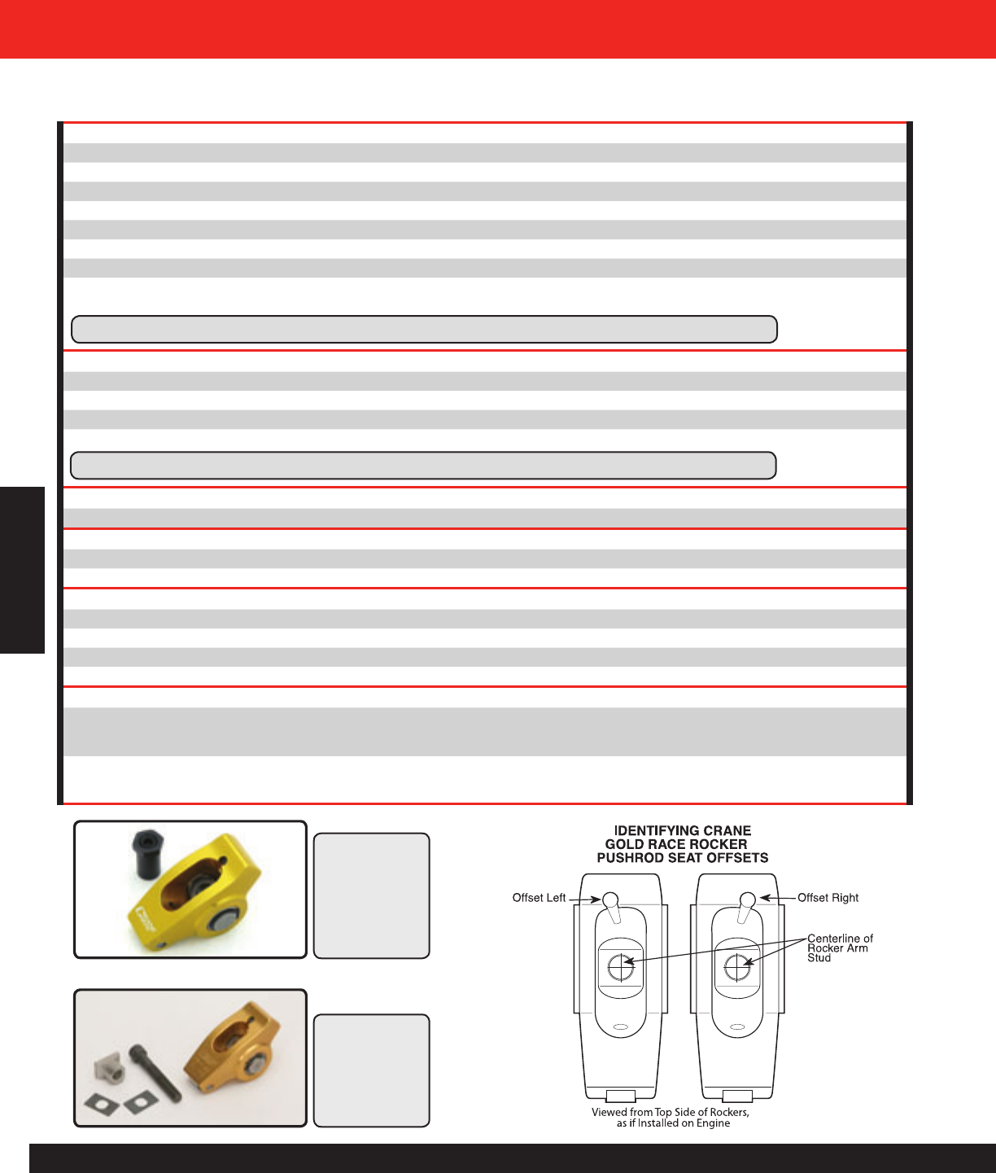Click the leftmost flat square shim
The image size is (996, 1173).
click(x=101, y=1105)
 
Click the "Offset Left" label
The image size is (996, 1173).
click(x=539, y=898)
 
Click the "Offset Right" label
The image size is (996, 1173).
click(x=828, y=898)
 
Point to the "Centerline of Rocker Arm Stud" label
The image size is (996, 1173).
click(x=840, y=948)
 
